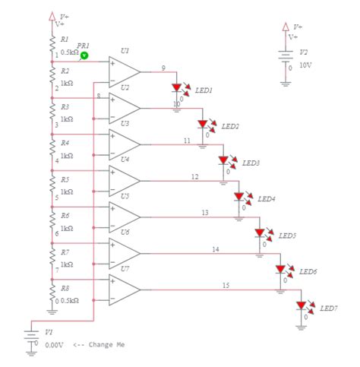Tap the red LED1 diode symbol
(177, 88)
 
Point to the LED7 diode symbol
(302, 305)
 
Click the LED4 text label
(267, 199)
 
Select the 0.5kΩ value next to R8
(71, 301)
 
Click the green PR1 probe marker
(85, 55)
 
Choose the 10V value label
(305, 65)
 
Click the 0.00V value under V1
(54, 345)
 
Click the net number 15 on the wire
(226, 286)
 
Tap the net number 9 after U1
(163, 68)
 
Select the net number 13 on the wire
(205, 213)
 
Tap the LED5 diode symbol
(260, 233)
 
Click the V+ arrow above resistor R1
(52, 14)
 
